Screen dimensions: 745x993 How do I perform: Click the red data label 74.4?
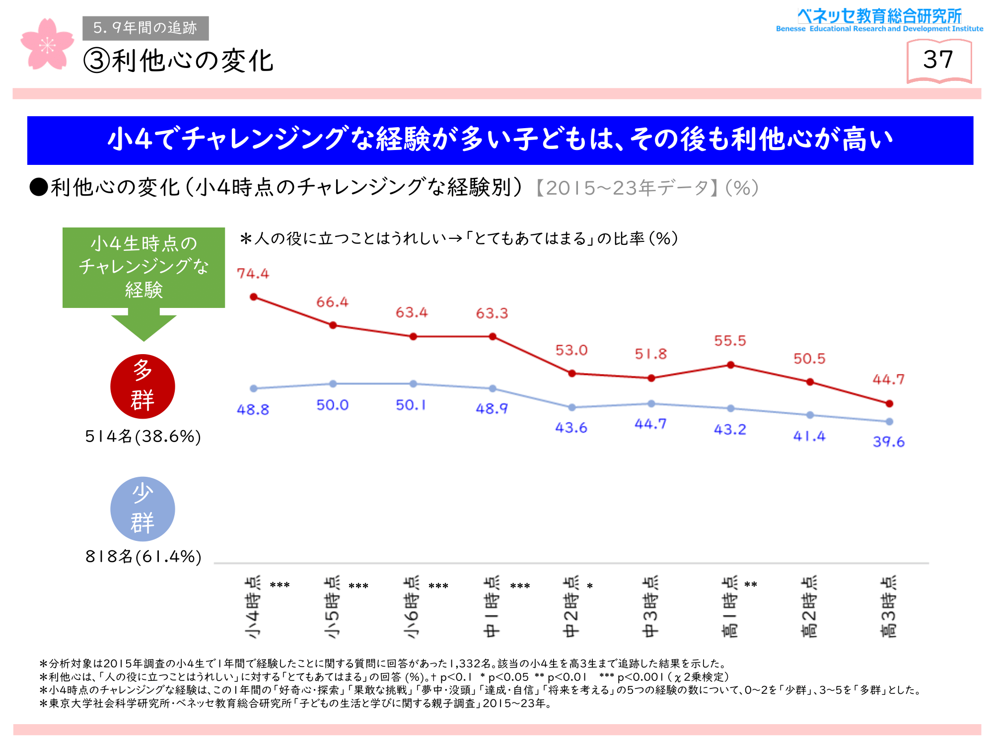(253, 274)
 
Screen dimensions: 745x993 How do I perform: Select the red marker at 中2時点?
(572, 373)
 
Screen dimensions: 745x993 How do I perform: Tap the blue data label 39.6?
(889, 442)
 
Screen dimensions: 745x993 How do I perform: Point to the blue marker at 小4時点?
(254, 388)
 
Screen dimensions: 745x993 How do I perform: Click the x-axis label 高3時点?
(889, 607)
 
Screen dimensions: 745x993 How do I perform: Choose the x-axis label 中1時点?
(492, 607)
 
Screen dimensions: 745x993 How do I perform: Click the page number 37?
(938, 60)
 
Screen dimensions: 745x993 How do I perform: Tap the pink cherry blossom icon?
(47, 45)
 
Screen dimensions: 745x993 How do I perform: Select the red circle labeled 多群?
(142, 386)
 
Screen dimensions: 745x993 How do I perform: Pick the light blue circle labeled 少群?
(142, 509)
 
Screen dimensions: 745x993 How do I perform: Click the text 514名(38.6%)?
(143, 437)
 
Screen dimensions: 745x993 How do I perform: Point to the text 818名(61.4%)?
(143, 557)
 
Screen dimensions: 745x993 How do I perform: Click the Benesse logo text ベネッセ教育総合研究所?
(879, 16)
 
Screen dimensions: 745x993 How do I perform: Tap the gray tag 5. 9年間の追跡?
(145, 28)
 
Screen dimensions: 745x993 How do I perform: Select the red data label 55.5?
(730, 341)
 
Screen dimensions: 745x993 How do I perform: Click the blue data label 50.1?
(411, 405)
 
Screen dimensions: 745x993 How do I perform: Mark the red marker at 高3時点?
(889, 404)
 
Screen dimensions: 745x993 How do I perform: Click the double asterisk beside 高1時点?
(751, 585)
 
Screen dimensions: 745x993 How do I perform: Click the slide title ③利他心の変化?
(179, 61)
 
